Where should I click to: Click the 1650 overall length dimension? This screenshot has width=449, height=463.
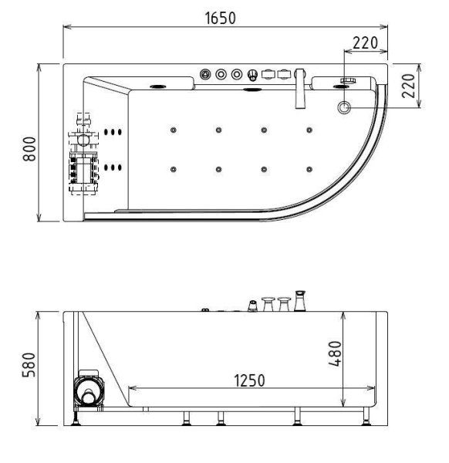(x=221, y=18)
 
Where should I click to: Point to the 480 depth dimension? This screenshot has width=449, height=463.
(x=335, y=354)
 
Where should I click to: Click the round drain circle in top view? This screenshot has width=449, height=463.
(x=344, y=106)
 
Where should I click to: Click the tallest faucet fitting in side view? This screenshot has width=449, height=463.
(x=300, y=300)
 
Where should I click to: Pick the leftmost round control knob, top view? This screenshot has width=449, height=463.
(x=206, y=75)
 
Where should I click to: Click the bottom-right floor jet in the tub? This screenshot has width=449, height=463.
(x=309, y=168)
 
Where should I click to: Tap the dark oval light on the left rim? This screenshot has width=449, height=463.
(x=160, y=86)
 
